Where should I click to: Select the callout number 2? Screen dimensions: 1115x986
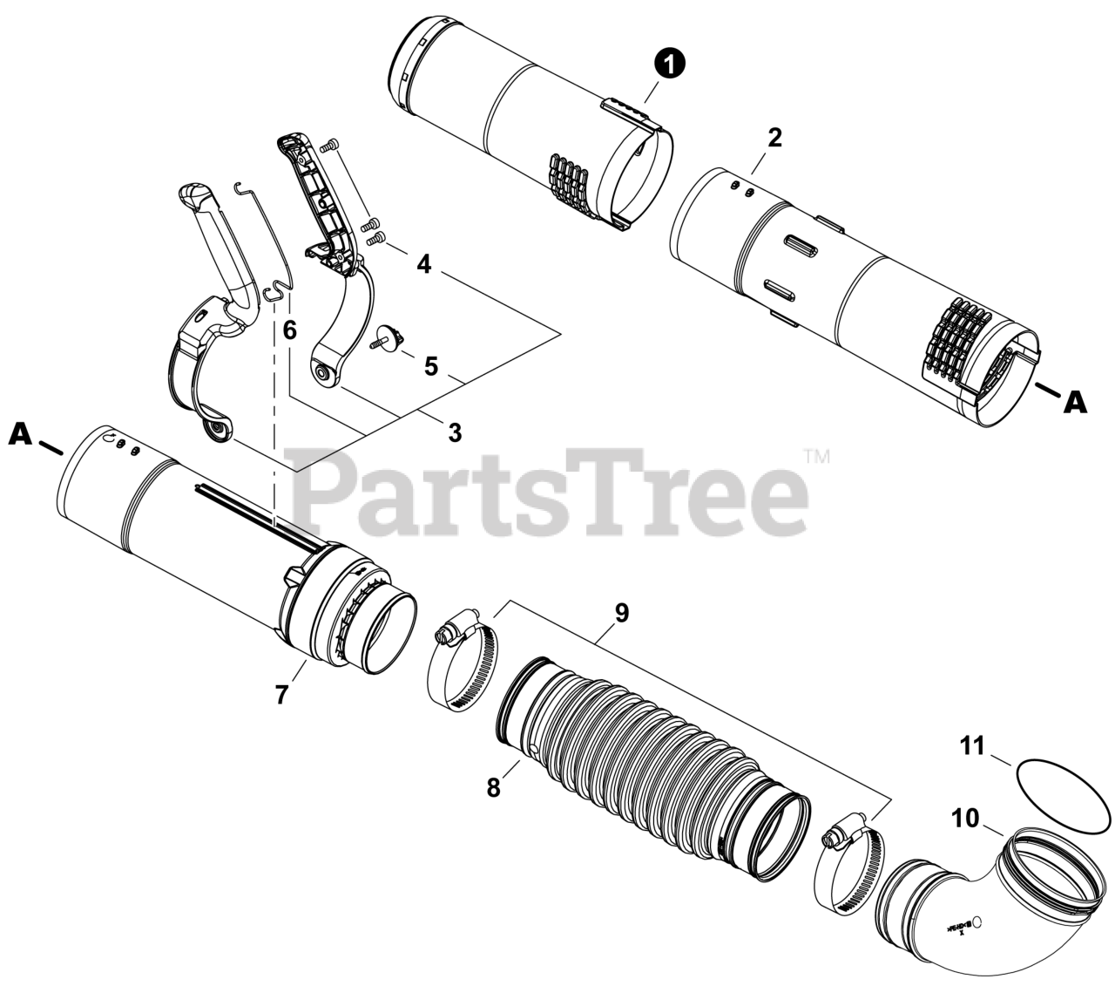(774, 138)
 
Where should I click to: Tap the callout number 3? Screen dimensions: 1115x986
(455, 432)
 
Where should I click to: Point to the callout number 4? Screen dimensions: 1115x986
(423, 265)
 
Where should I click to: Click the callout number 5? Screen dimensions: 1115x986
(431, 366)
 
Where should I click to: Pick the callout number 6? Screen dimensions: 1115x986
(289, 330)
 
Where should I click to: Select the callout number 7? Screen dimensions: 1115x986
(281, 696)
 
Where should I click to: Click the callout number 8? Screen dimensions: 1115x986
(494, 788)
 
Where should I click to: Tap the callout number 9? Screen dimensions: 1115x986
(622, 613)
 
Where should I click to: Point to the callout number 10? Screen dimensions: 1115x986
(965, 818)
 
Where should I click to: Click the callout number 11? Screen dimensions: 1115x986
(972, 746)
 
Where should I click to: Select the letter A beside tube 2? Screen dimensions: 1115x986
(1075, 404)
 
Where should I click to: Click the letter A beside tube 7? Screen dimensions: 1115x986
(20, 435)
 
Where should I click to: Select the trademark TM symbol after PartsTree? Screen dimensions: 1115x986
(817, 457)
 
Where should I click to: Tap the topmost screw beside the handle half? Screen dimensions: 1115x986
(329, 146)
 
